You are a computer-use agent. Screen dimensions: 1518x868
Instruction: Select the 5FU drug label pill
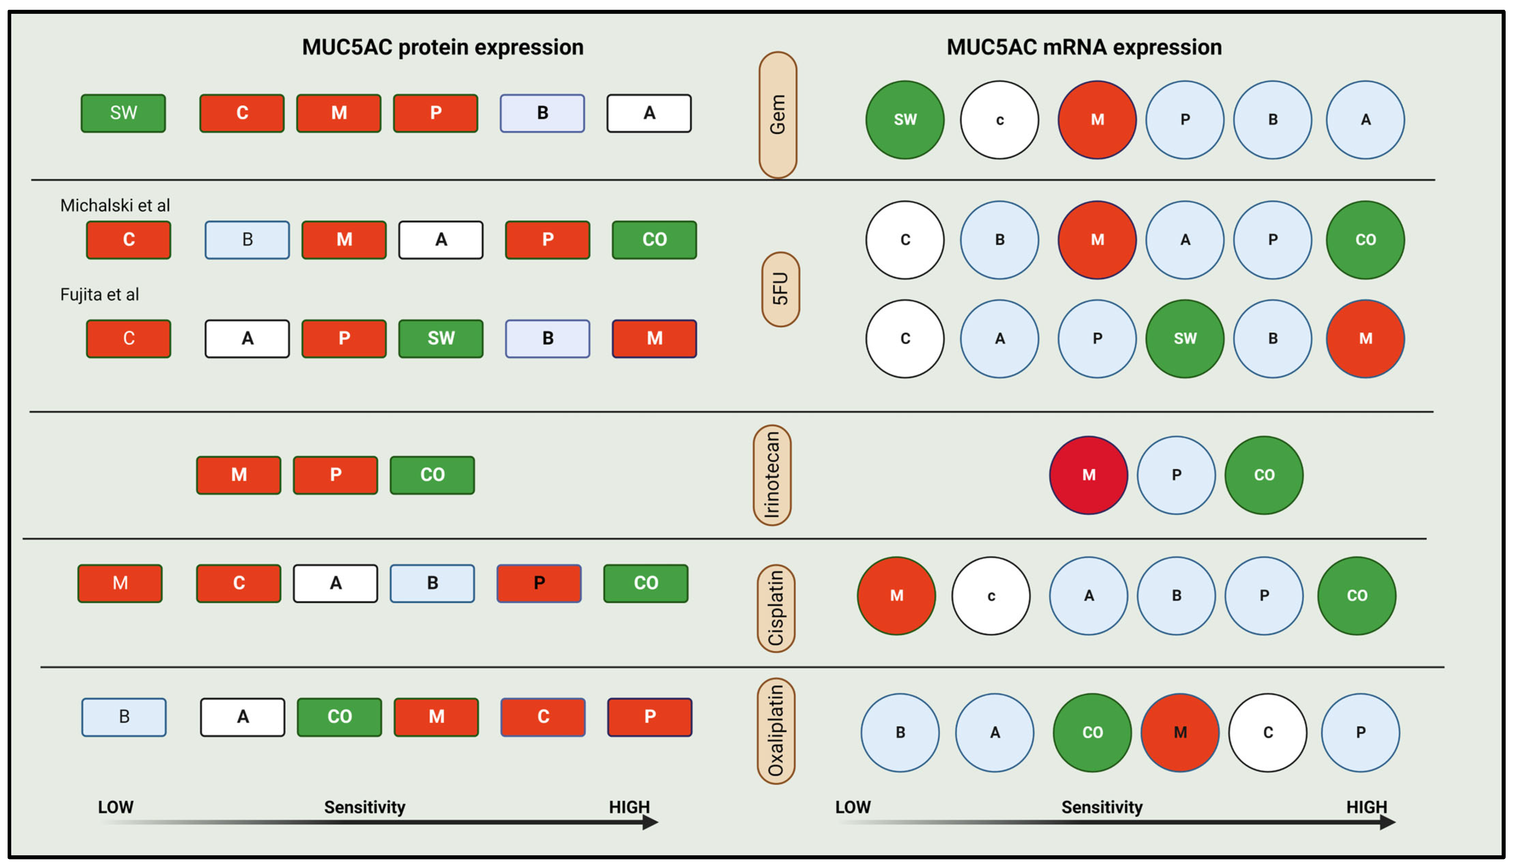[780, 289]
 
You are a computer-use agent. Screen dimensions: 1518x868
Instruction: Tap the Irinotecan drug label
[772, 475]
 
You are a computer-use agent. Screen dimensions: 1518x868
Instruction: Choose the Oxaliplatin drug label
[776, 731]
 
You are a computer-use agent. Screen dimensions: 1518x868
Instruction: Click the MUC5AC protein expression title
[442, 47]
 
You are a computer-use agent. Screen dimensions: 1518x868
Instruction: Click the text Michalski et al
[115, 206]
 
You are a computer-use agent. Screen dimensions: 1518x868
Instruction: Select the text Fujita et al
[100, 295]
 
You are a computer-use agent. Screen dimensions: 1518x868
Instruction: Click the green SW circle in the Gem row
[904, 120]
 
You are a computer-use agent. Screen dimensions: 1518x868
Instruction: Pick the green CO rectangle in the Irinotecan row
[432, 475]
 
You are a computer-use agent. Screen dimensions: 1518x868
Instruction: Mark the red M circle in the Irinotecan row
[1088, 475]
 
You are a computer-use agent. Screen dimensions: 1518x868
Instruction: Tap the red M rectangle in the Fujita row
[654, 338]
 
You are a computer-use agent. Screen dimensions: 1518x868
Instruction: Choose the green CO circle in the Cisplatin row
[1356, 596]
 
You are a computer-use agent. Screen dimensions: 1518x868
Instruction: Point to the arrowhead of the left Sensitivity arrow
[651, 823]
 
